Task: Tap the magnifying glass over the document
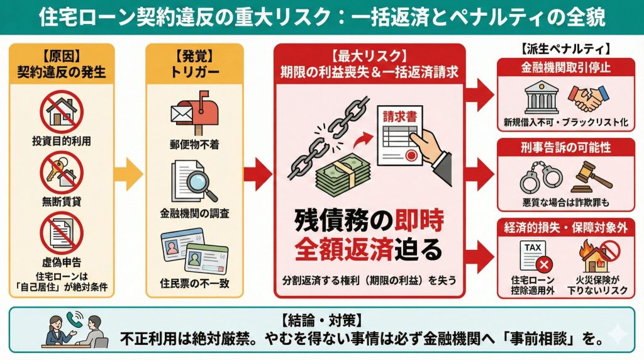201,184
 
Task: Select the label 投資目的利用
62,141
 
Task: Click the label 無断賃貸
62,201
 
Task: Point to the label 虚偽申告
62,262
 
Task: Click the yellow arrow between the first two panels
128,174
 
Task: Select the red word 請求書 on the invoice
399,116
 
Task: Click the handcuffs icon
541,177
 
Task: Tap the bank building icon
541,98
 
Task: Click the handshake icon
589,98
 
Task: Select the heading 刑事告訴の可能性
565,147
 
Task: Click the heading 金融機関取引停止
565,67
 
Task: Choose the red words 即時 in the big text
419,221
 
